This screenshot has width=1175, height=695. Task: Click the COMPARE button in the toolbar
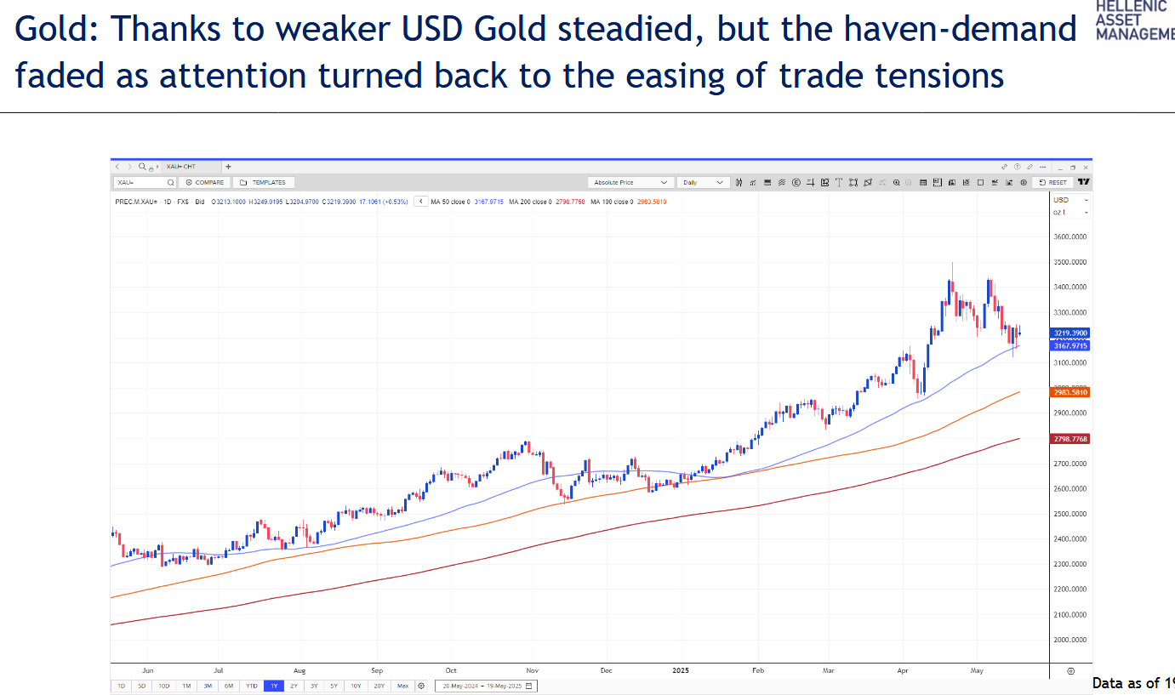tap(205, 182)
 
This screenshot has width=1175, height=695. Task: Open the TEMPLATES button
tap(264, 182)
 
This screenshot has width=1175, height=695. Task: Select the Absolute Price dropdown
tap(630, 182)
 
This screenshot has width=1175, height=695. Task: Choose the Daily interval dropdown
tap(704, 182)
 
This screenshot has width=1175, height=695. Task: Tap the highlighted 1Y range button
tap(273, 686)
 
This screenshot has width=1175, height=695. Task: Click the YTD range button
tap(252, 686)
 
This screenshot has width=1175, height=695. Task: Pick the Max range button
tap(402, 686)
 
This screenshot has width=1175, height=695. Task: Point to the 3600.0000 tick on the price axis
tap(1070, 237)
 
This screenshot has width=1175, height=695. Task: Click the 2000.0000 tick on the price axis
tap(1070, 640)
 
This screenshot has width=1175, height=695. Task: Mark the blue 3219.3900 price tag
tap(1070, 333)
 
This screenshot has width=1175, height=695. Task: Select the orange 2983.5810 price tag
tap(1070, 392)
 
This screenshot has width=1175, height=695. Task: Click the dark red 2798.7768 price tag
tap(1070, 439)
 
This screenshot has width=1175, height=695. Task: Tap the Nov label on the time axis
tap(533, 670)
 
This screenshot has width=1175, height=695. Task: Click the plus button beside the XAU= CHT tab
tap(228, 167)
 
